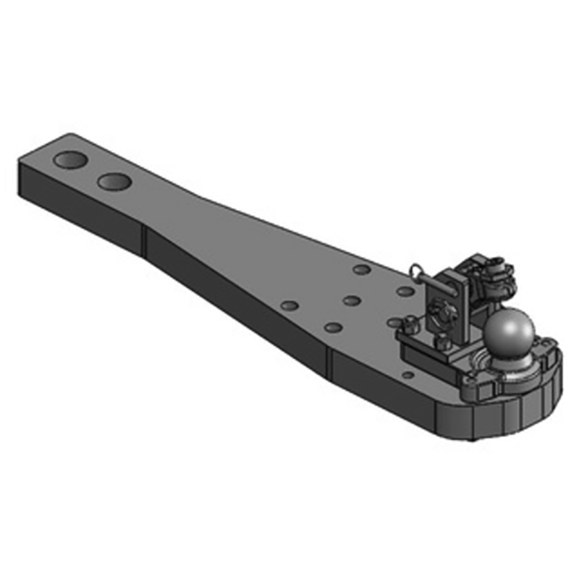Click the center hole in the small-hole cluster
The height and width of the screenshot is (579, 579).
[x=352, y=300]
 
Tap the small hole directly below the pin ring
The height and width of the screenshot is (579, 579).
[x=405, y=291]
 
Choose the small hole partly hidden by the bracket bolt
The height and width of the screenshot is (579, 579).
[x=394, y=319]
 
